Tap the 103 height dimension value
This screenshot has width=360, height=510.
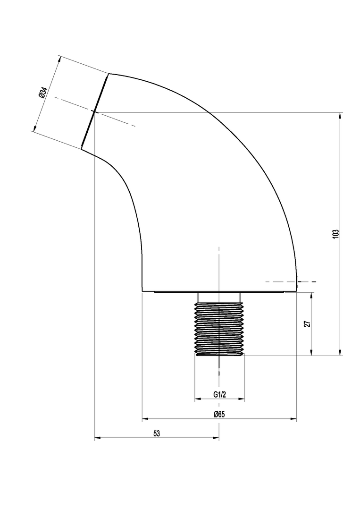point(335,234)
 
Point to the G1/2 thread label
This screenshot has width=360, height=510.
point(220,394)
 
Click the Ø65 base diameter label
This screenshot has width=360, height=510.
point(219,415)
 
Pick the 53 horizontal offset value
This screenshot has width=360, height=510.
point(157,433)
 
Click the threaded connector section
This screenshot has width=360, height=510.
point(219,329)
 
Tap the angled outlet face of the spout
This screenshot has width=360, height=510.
point(94,111)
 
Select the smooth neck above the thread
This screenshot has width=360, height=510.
point(219,297)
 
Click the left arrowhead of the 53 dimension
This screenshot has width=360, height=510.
point(97,438)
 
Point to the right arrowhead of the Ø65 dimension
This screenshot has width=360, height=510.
point(294,418)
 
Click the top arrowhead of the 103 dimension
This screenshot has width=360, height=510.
point(340,116)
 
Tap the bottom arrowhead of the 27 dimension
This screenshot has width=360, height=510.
point(311,353)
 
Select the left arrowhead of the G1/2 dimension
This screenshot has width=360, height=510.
point(198,399)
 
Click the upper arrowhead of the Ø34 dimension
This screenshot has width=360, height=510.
point(59,59)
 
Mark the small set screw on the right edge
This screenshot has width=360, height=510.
point(298,281)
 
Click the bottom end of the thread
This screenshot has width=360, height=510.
point(219,355)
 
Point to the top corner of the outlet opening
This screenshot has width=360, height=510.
point(109,74)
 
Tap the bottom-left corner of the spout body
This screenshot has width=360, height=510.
point(142,291)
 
